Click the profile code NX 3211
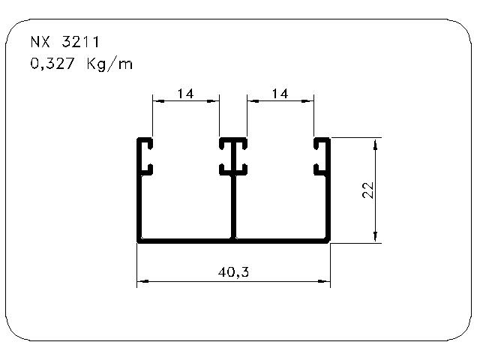tap(65, 42)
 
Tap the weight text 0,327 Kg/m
tap(82, 64)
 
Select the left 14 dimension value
tap(185, 93)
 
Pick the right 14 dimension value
tap(280, 93)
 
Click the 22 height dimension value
tap(368, 190)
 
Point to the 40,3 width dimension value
tap(233, 271)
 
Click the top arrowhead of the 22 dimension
tap(376, 144)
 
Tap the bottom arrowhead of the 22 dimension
tap(376, 237)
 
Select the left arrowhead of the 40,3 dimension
tap(142, 281)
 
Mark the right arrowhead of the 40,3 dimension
tap(325, 281)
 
